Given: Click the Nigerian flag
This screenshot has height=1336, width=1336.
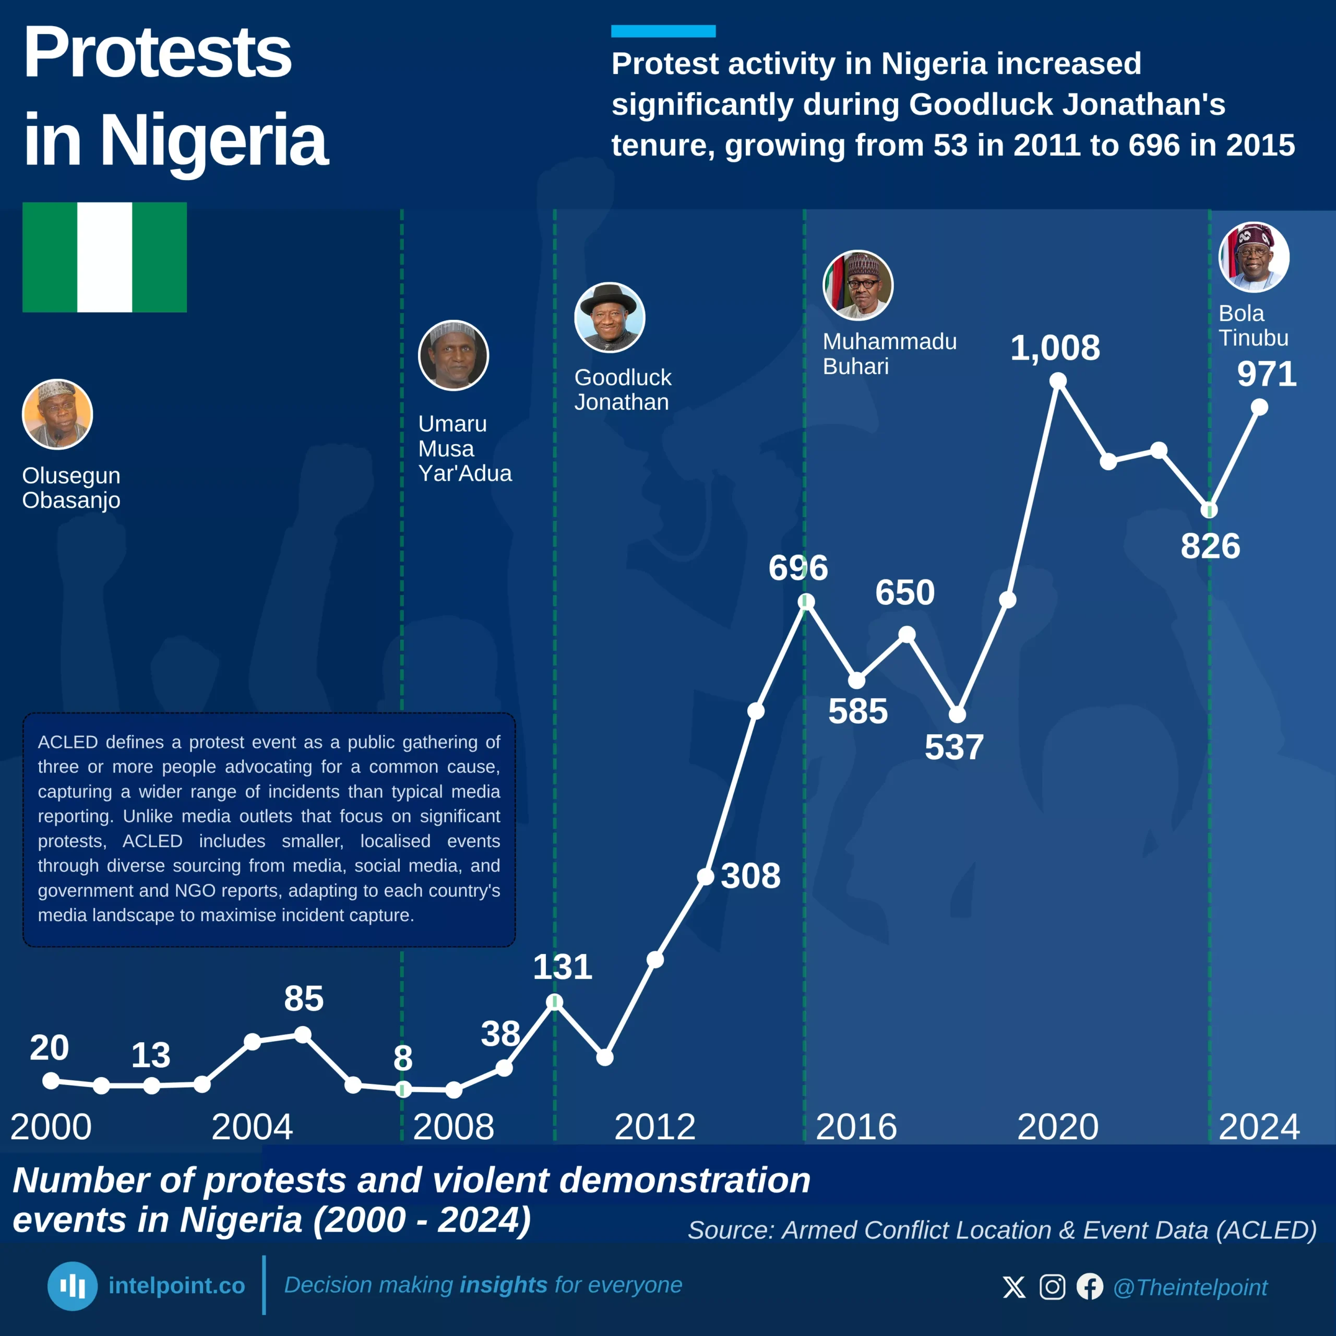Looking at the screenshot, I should [x=104, y=257].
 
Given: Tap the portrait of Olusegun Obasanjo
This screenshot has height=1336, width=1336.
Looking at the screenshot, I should [x=57, y=414].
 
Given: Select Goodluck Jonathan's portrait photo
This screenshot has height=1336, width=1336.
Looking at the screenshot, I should [x=609, y=317].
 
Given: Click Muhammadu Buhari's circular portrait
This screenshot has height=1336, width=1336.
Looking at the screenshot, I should [x=857, y=285].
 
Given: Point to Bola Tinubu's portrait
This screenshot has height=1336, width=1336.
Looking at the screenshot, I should [x=1253, y=257].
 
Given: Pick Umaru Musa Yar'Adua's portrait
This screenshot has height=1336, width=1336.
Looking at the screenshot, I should [x=453, y=355].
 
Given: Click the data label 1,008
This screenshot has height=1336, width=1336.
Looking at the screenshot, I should [x=1055, y=348].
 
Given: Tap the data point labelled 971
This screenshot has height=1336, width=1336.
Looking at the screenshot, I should [x=1259, y=407].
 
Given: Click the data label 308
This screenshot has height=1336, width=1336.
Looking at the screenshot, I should [x=750, y=876].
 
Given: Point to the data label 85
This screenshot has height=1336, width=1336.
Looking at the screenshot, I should [x=304, y=998].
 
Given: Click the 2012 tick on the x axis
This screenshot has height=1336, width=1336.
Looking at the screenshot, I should [x=654, y=1127].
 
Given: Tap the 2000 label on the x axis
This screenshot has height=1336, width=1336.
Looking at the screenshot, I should [x=51, y=1127].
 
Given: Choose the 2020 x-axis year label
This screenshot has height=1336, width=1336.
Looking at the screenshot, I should [x=1057, y=1127].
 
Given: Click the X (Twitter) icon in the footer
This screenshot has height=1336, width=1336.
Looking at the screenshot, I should [x=1014, y=1287].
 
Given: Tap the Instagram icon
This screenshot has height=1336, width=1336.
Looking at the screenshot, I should [x=1052, y=1287].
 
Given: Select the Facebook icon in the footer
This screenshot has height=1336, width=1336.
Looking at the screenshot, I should [x=1090, y=1287].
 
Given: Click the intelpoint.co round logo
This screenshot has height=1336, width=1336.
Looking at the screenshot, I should [x=72, y=1286].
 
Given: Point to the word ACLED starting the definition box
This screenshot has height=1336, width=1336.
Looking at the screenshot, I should [x=68, y=742].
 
